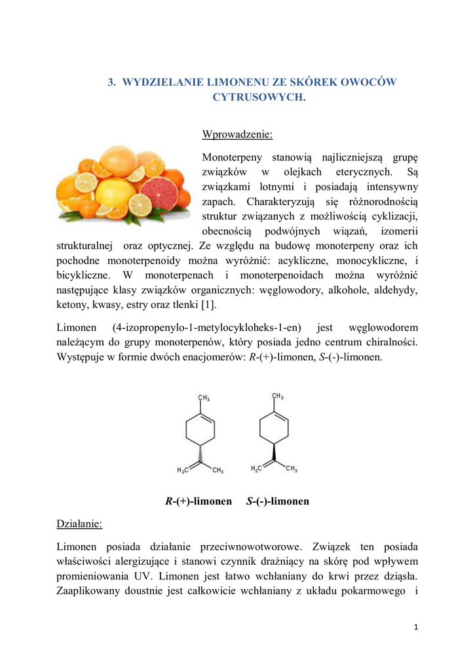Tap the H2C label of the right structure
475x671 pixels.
[x=257, y=469]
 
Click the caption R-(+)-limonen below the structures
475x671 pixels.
[x=199, y=501]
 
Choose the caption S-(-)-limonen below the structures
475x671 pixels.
[x=277, y=501]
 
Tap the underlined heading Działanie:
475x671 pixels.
[x=79, y=525]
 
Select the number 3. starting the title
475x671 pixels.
[x=112, y=82]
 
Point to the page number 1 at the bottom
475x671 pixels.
[x=416, y=627]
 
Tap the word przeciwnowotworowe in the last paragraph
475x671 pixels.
[x=250, y=546]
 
